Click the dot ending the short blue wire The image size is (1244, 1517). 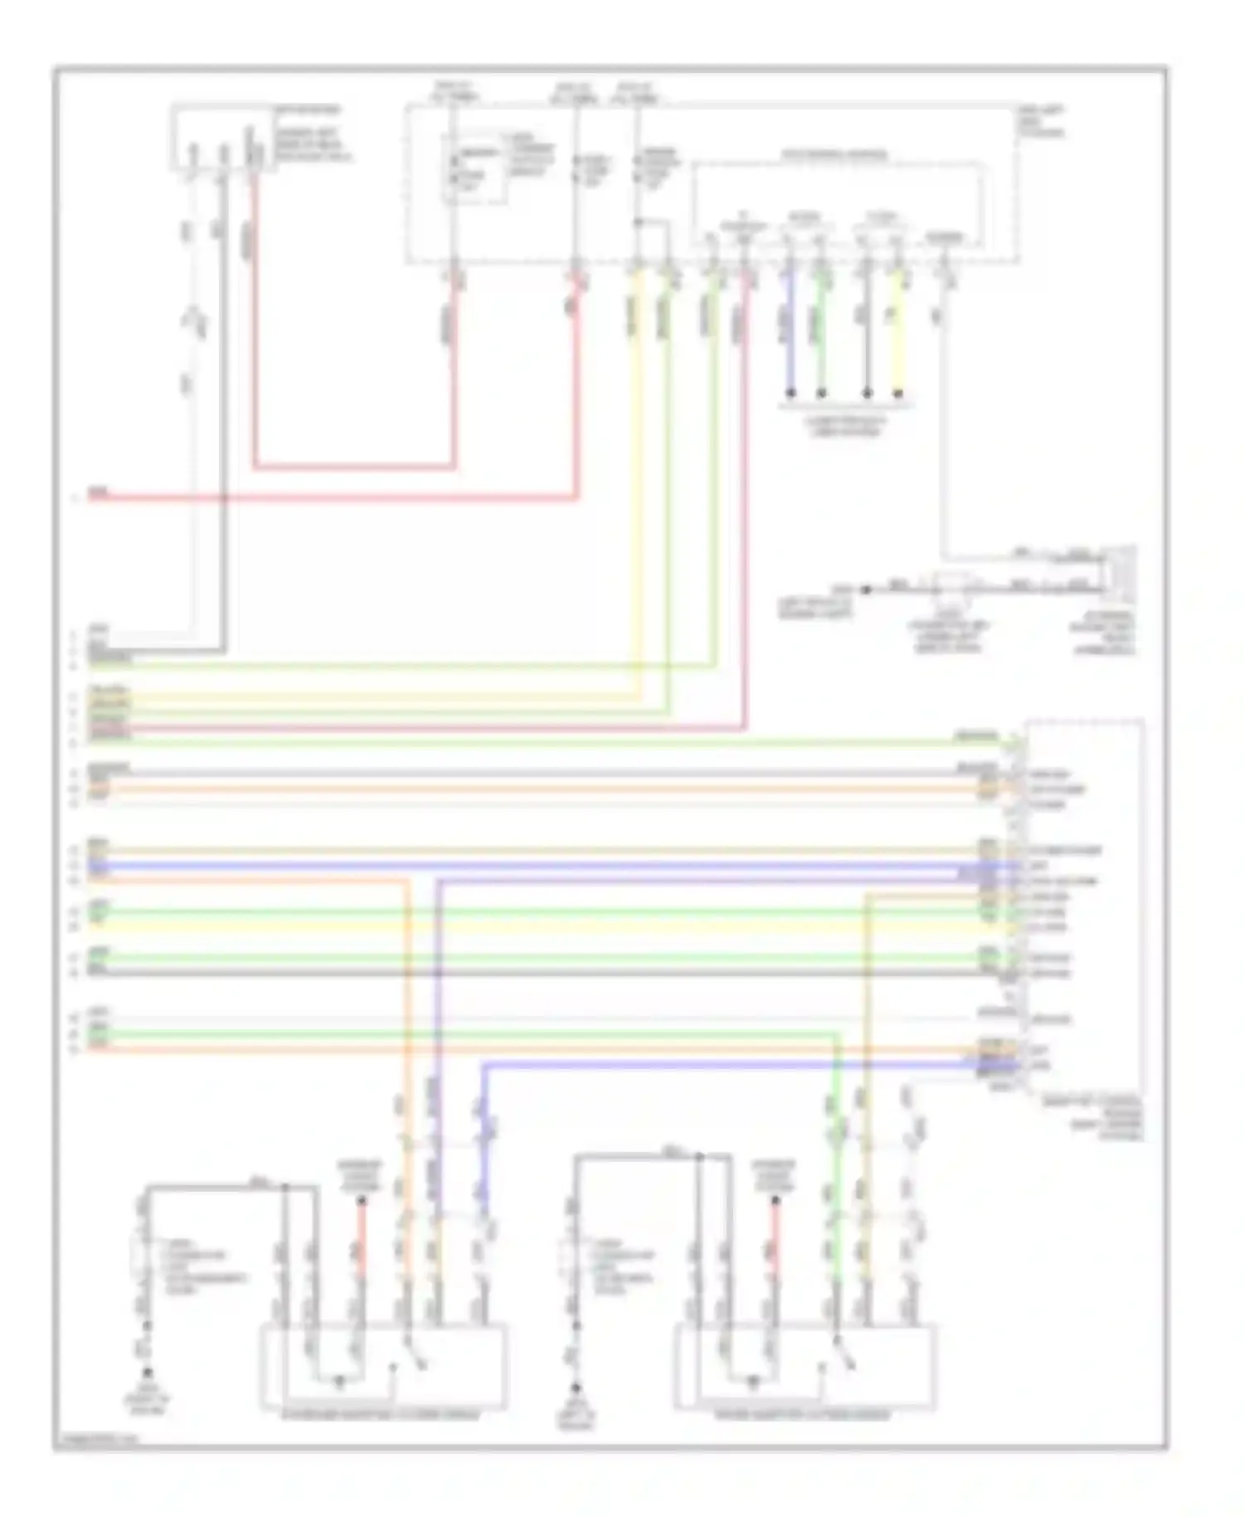point(790,393)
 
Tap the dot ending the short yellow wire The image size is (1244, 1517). point(897,393)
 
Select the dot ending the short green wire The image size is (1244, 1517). point(821,393)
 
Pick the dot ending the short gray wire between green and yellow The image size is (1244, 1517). point(867,393)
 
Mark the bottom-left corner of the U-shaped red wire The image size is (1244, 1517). point(255,467)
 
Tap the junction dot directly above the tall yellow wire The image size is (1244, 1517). point(637,222)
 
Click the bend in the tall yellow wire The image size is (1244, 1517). point(637,697)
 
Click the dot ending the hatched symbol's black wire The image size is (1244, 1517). point(865,589)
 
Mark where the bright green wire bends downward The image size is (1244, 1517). point(836,1034)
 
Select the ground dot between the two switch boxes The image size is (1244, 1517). point(574,1388)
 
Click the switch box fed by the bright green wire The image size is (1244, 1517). point(804,1368)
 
